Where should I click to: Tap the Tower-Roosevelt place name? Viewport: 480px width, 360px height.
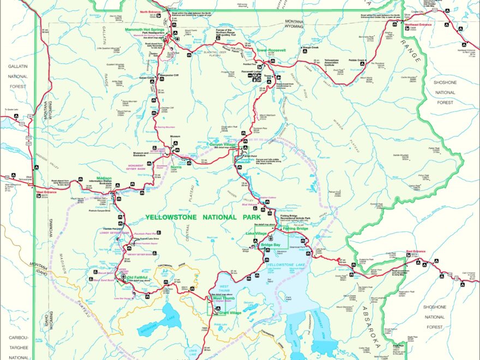point(271,50)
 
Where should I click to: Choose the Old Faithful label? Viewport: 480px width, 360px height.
point(137,277)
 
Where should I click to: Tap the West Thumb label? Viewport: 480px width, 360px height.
point(224,298)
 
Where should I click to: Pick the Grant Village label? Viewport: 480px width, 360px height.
point(229,313)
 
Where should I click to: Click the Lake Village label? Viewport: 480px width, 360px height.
point(256,233)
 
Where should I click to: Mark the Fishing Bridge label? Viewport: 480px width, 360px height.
point(295,228)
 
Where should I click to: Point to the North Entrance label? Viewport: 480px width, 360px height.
point(151,11)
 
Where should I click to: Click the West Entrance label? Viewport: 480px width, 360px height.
point(47,192)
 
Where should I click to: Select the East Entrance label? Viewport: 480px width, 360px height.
point(415,252)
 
